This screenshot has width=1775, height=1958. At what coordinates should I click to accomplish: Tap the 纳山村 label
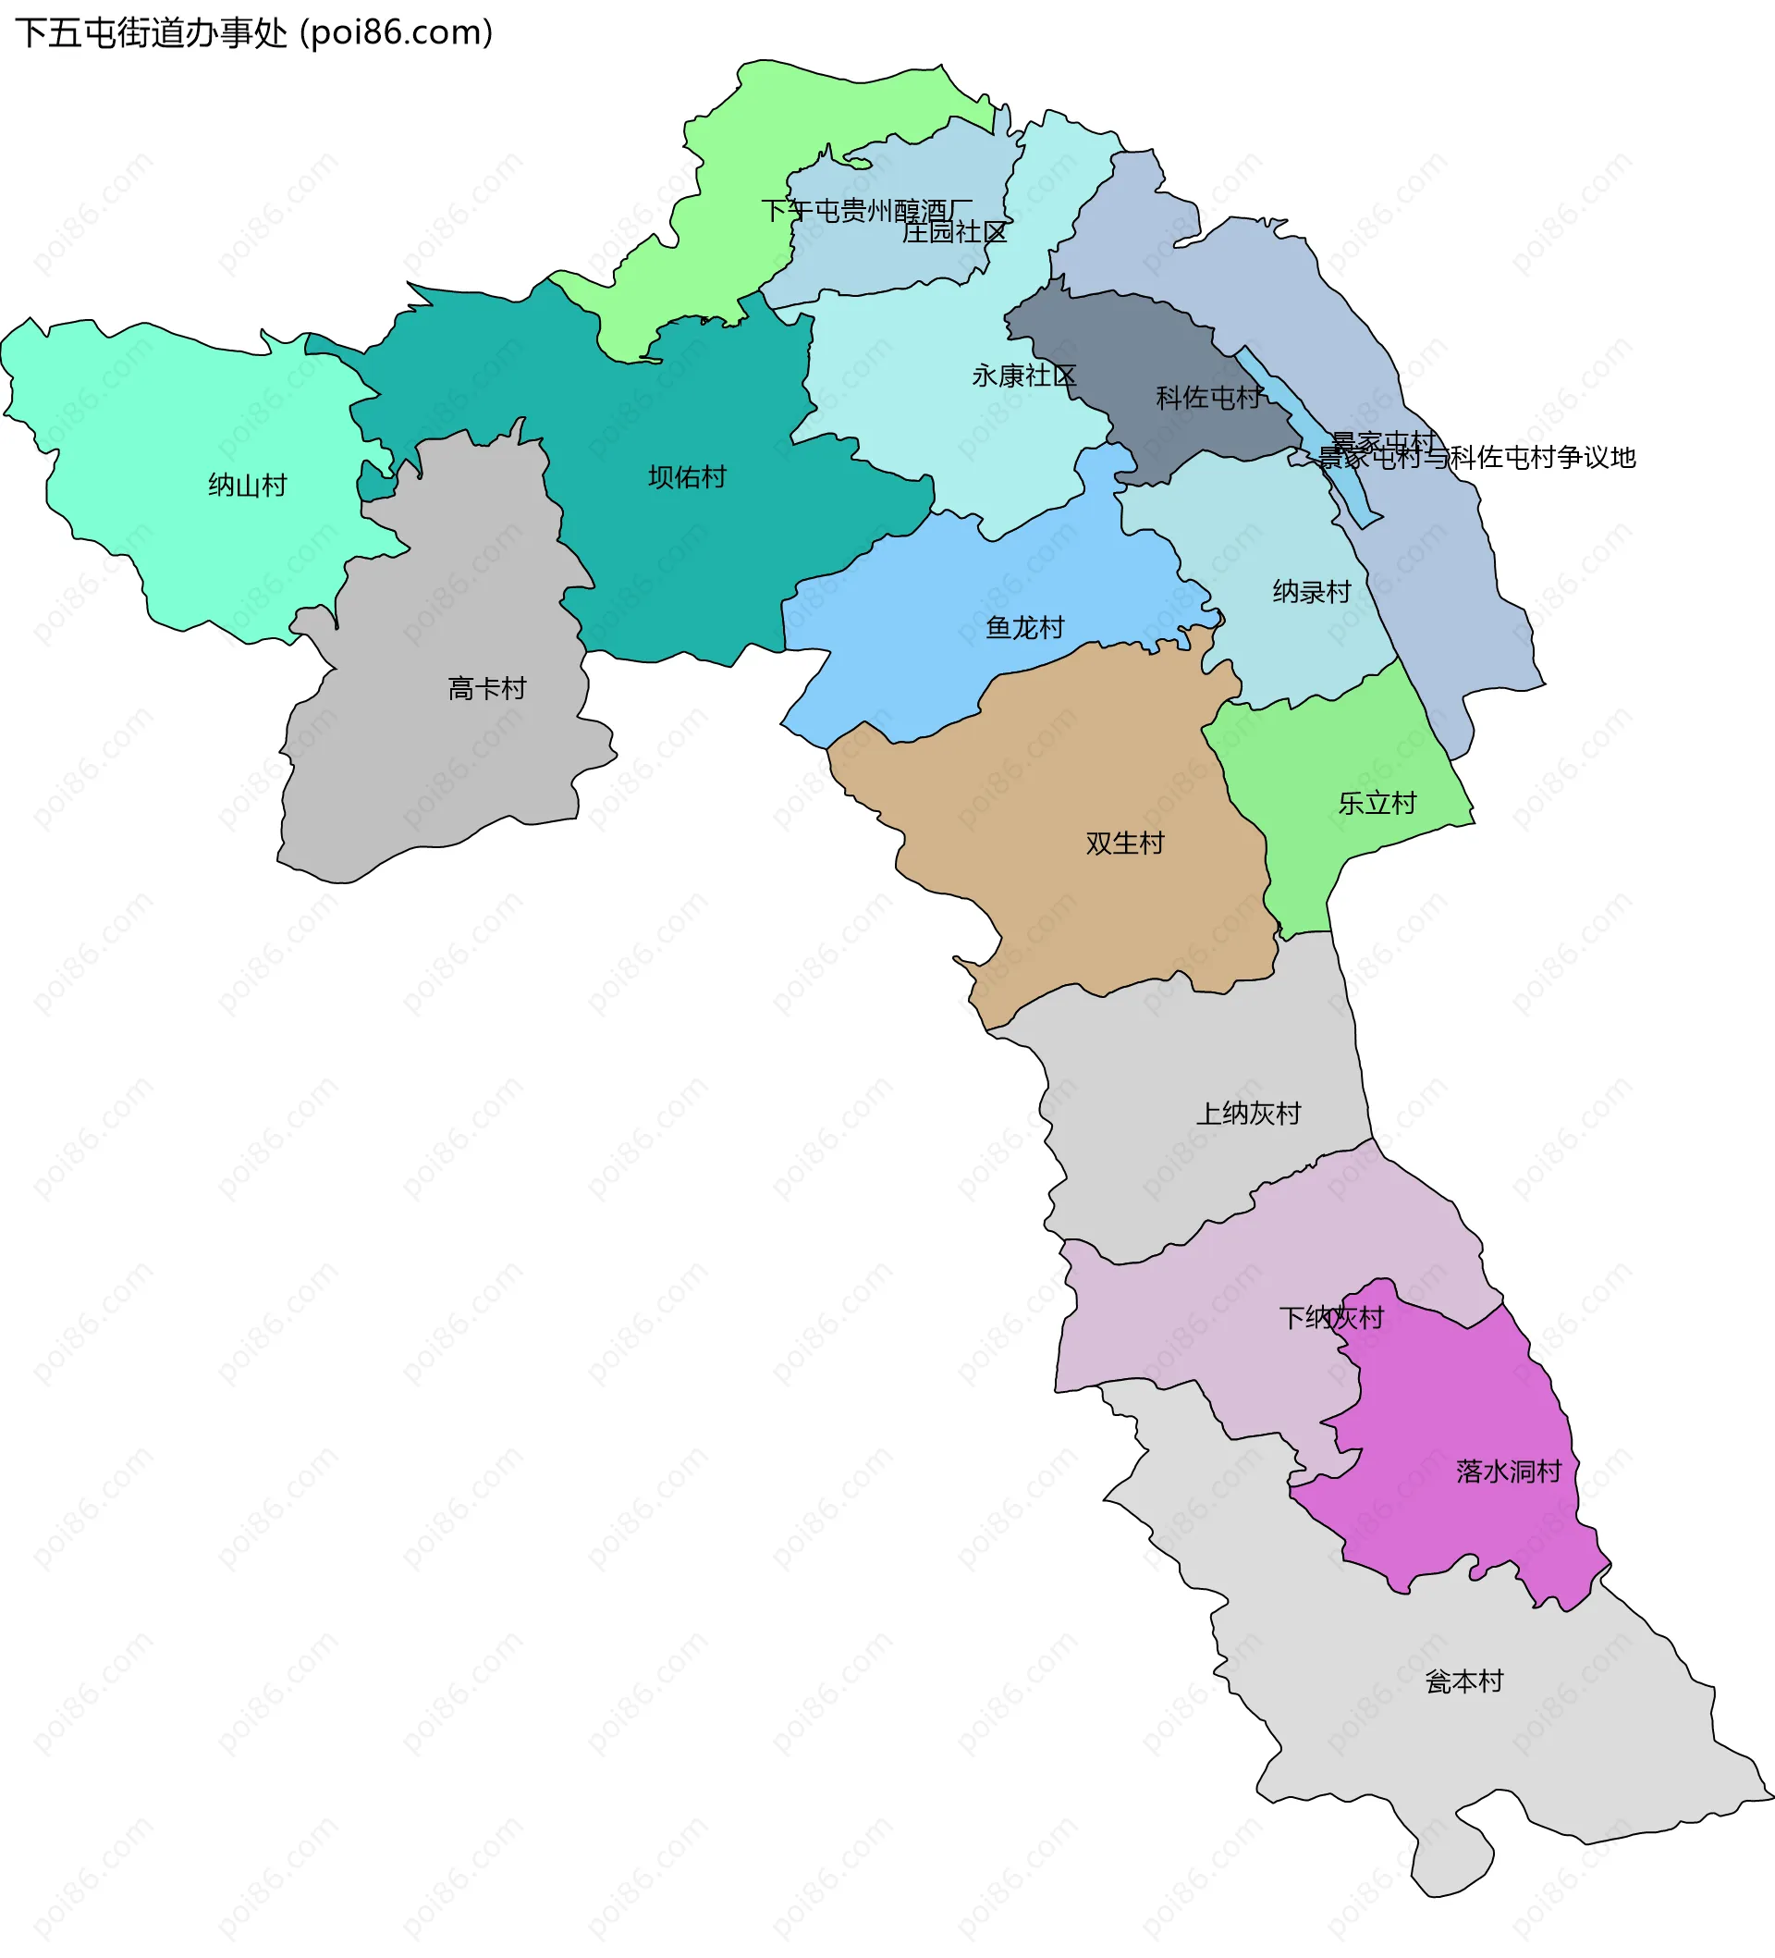248,485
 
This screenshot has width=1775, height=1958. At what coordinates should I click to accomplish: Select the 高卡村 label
486,689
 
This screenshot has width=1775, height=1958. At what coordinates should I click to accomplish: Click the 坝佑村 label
687,477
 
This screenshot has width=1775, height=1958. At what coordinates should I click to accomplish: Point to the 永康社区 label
1023,376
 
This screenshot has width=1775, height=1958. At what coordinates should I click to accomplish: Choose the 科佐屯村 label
1208,397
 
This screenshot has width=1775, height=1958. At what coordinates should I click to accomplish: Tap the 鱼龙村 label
1024,627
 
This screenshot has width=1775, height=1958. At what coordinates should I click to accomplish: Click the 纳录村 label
1311,592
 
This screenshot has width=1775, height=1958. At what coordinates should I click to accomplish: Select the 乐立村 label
1376,803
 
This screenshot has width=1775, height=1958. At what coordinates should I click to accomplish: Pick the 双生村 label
1124,843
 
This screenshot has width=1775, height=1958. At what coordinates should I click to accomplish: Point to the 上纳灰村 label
1248,1113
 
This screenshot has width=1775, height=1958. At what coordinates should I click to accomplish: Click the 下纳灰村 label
1330,1318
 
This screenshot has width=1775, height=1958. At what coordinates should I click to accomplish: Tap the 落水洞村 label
1508,1472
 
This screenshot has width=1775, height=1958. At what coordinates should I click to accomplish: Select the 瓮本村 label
1463,1681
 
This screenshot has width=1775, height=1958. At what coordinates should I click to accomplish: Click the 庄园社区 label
953,232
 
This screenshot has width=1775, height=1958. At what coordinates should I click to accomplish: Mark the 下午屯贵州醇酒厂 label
866,211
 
